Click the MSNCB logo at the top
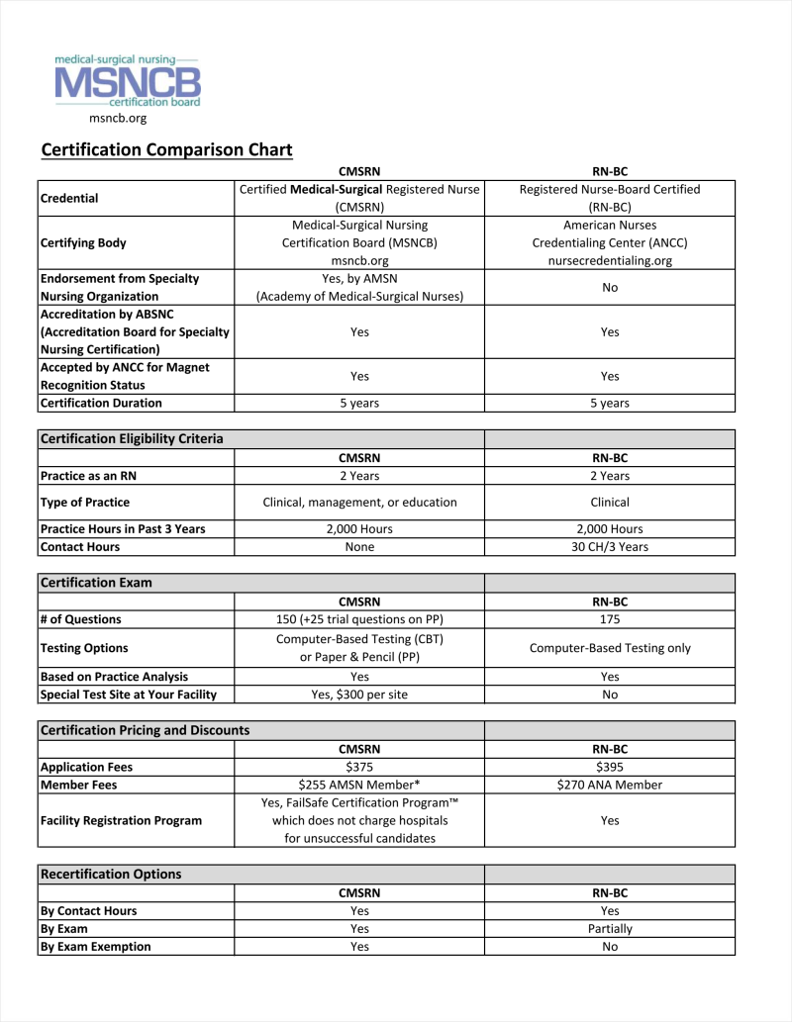128,81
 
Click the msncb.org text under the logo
118,119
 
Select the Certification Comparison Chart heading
166,150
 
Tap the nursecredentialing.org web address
610,261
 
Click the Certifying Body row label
83,243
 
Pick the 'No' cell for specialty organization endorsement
610,288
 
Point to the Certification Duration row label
101,404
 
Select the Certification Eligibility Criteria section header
132,439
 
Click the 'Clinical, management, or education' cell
359,503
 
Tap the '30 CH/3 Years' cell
610,547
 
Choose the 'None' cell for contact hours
359,547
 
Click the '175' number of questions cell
610,619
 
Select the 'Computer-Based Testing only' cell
610,648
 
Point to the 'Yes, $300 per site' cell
359,695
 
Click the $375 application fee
359,767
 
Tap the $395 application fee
610,767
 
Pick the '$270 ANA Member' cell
610,785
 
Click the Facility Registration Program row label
121,821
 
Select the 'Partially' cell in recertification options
610,929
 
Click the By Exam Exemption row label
96,947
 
